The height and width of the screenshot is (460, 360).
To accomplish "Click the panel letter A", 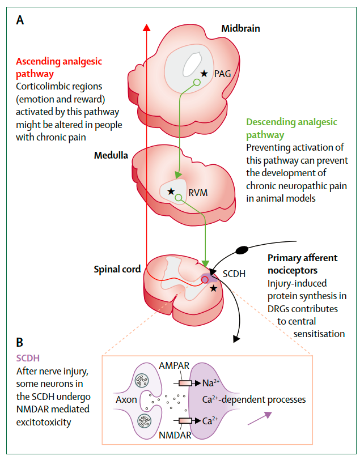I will pos(20,21).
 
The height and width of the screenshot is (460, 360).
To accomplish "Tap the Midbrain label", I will pos(240,28).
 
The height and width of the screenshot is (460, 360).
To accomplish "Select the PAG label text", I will pos(223,73).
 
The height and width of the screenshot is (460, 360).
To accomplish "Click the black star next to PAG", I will pos(204,73).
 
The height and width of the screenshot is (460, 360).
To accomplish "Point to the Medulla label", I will pos(112,155).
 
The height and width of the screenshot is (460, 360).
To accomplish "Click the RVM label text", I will pos(198,192).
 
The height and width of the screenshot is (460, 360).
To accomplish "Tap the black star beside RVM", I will pos(171,191).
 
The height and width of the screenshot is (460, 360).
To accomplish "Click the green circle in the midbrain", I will pos(196,83).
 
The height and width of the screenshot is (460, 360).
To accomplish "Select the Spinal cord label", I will pos(117,270).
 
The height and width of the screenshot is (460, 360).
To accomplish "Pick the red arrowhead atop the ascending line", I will pos(147,28).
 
